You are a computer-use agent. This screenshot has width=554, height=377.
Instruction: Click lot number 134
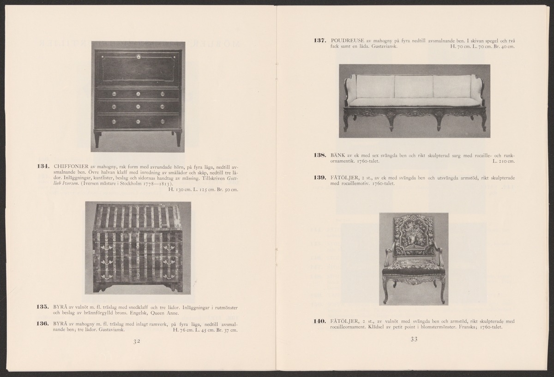click(x=44, y=166)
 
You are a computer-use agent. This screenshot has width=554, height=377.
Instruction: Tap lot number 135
click(x=44, y=306)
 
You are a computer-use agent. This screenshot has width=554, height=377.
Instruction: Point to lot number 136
click(x=44, y=324)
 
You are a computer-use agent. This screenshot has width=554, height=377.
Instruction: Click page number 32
click(x=137, y=341)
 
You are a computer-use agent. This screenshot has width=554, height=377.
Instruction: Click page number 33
click(x=414, y=340)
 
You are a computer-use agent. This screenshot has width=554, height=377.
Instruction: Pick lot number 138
click(x=320, y=156)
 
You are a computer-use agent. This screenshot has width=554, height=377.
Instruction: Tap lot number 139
click(x=320, y=177)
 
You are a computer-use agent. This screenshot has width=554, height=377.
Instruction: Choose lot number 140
click(x=320, y=321)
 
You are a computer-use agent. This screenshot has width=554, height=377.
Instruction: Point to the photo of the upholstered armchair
click(x=414, y=258)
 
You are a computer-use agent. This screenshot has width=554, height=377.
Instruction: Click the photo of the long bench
click(x=414, y=101)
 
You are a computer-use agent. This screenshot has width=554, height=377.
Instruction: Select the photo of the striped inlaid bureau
click(x=138, y=248)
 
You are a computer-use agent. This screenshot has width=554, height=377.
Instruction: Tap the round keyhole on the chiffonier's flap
click(x=138, y=57)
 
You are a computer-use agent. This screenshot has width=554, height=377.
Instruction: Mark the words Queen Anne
click(x=163, y=313)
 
